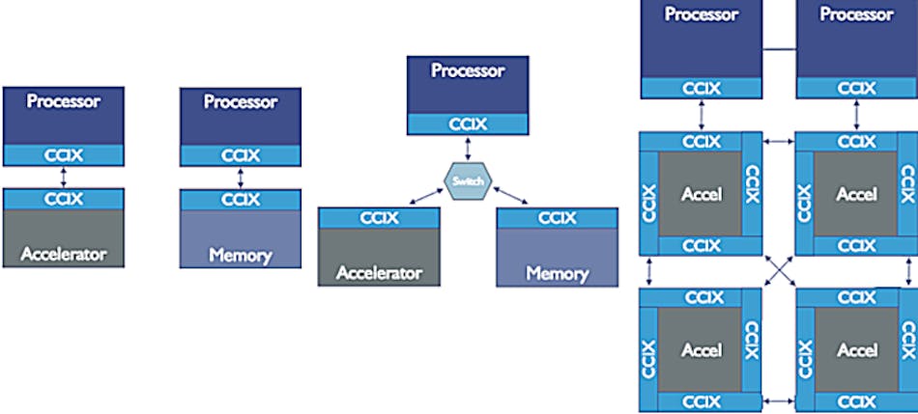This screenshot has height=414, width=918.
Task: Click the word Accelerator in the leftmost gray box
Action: click(62, 256)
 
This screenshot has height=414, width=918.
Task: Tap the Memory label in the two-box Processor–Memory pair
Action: click(240, 256)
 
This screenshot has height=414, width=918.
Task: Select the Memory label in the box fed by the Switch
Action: click(557, 273)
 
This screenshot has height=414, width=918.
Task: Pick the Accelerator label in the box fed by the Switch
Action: click(379, 273)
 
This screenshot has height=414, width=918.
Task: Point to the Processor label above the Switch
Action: click(468, 70)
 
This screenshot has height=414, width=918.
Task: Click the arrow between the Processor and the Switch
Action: click(468, 150)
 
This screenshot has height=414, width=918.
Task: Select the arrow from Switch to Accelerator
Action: click(425, 196)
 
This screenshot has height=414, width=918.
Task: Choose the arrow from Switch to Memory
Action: click(510, 196)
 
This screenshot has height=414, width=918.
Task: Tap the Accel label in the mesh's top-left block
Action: click(702, 194)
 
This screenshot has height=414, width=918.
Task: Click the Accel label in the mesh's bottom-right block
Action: click(856, 349)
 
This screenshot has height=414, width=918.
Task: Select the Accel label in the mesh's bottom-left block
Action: click(702, 349)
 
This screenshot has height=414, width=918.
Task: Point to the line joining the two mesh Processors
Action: click(779, 45)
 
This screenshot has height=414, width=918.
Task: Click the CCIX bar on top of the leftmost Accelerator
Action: click(63, 200)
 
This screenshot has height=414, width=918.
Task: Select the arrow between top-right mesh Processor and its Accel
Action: click(856, 115)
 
